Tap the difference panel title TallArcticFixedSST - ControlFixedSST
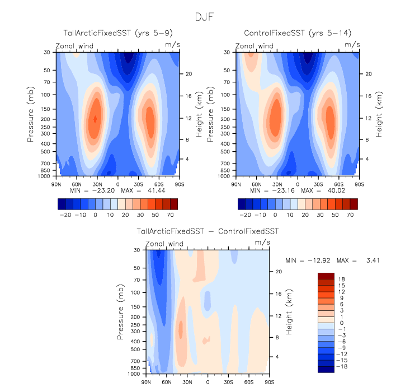(x=208, y=231)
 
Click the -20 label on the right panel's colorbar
(x=245, y=215)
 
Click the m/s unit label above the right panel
(x=350, y=44)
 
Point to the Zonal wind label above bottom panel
(x=164, y=244)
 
